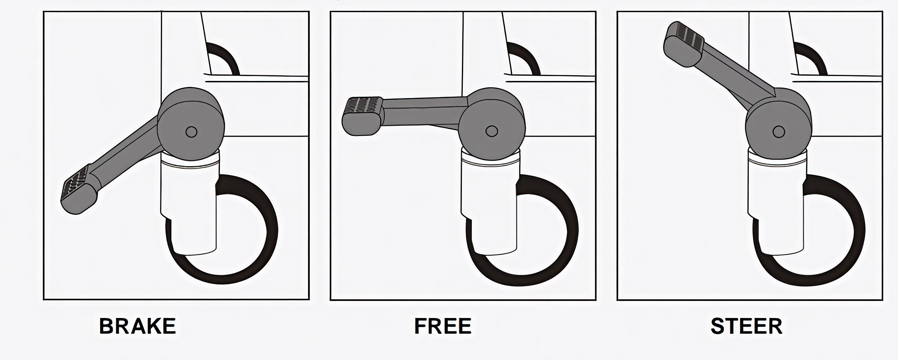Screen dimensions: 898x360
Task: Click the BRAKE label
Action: point(138,326)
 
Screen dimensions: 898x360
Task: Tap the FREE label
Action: point(443,326)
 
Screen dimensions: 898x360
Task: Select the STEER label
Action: point(747,326)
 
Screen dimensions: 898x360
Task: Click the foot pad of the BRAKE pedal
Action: point(79,189)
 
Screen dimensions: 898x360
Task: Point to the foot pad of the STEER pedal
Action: point(684,44)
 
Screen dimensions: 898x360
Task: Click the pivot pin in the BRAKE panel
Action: point(191,132)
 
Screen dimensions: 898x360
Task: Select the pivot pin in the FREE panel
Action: point(491,131)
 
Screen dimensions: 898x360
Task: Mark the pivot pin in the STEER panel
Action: point(779,132)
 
